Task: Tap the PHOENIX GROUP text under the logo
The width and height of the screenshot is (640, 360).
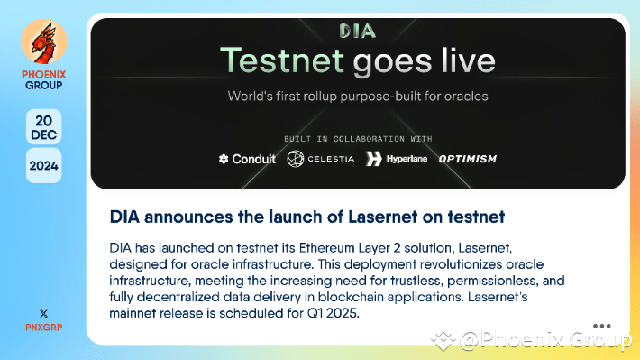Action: (43, 80)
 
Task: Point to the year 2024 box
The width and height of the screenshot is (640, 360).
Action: (43, 166)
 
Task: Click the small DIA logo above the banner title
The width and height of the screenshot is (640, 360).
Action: (357, 32)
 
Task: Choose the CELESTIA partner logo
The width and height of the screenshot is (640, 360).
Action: (320, 160)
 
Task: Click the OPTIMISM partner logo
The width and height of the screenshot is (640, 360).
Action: (467, 160)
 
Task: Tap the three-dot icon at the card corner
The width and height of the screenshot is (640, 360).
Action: (602, 326)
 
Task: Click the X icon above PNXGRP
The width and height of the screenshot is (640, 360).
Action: (43, 312)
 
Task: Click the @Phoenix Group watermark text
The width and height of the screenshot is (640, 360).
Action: (545, 340)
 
